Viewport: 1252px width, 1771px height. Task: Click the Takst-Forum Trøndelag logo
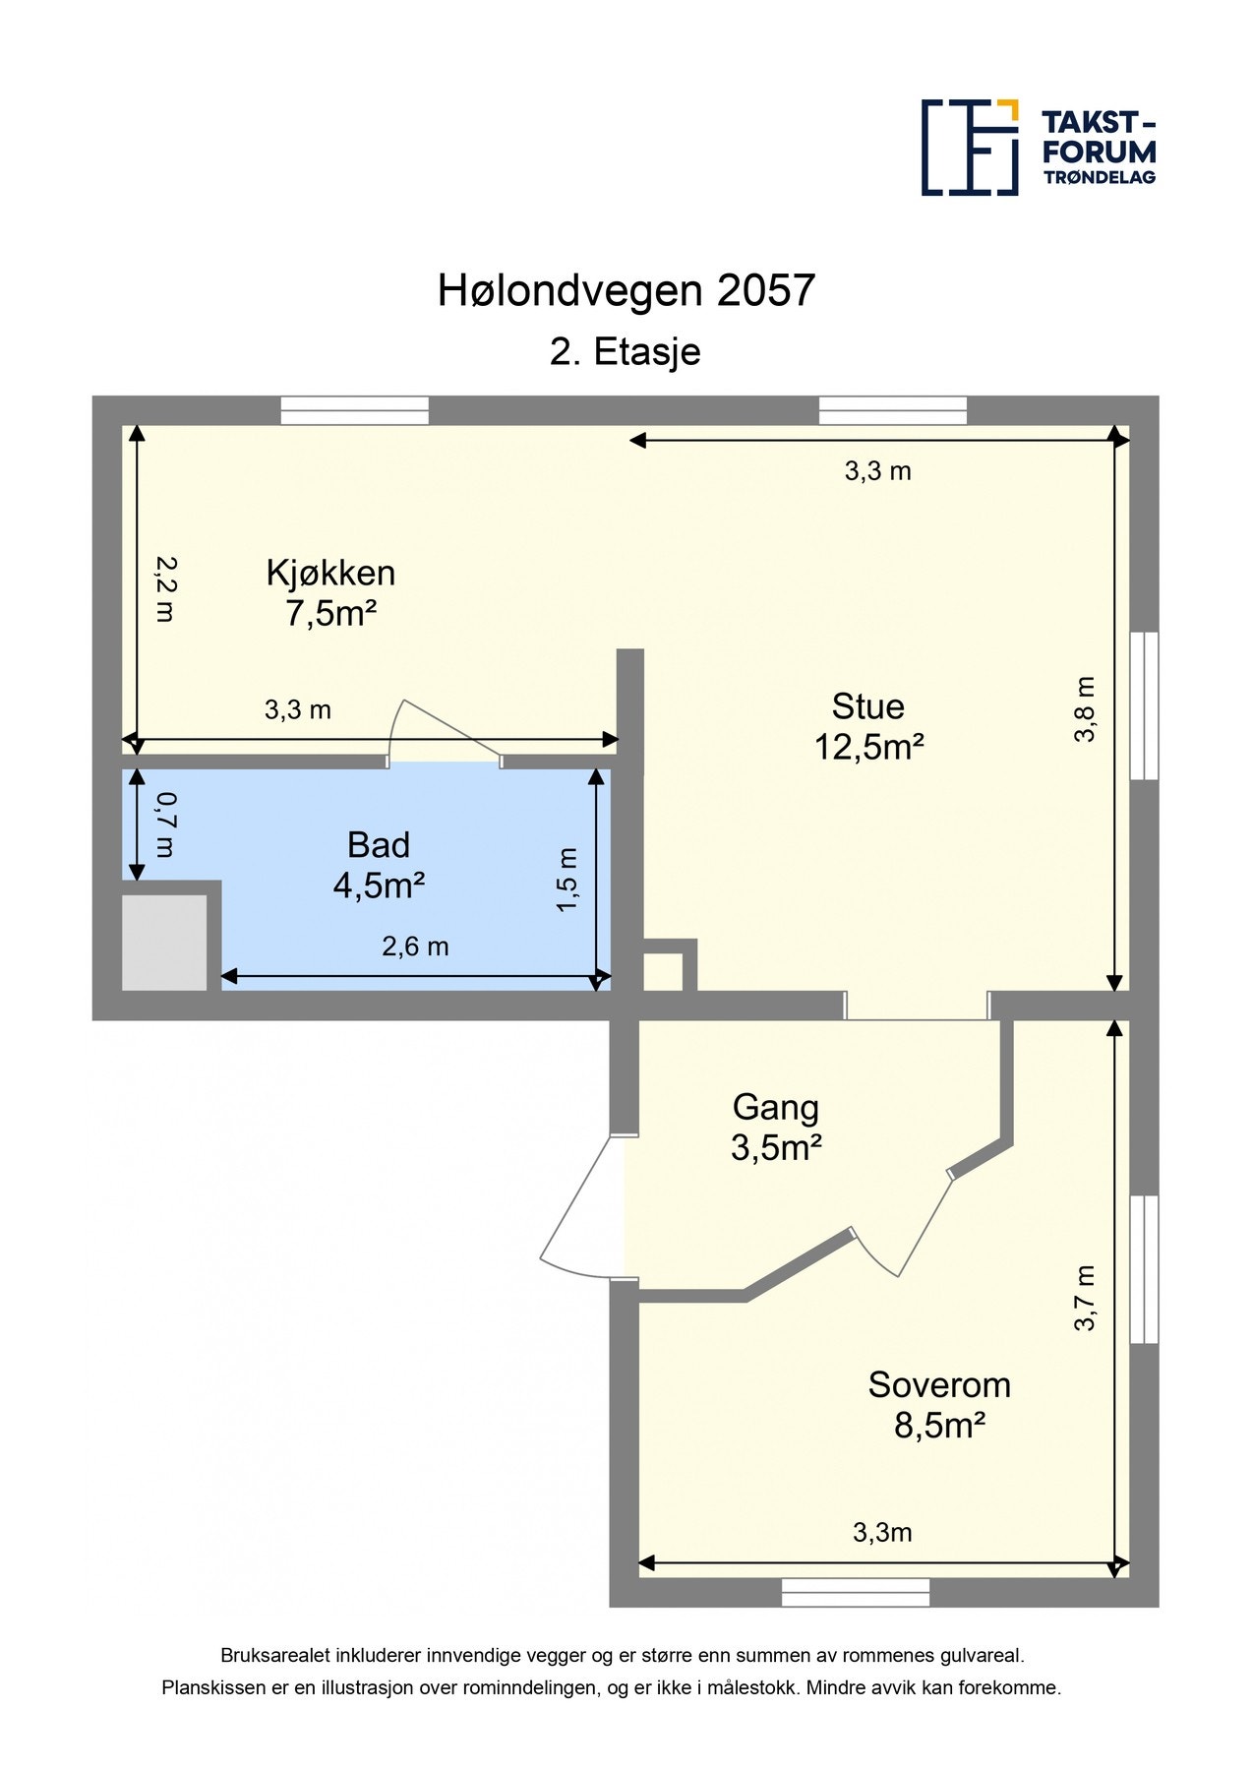coord(1038,148)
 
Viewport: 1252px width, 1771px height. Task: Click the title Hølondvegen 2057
coord(626,291)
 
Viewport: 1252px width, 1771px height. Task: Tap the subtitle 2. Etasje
coord(626,352)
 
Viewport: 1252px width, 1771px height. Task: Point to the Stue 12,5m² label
coord(867,726)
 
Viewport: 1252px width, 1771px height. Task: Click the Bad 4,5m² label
coord(379,865)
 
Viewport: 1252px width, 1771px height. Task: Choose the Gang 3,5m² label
coord(776,1127)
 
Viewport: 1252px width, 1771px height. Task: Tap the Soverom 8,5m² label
coord(939,1404)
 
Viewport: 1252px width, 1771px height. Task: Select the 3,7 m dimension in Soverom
coord(1084,1298)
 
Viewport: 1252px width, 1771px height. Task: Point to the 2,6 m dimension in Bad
coord(415,947)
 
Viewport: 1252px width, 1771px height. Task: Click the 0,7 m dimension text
coord(164,824)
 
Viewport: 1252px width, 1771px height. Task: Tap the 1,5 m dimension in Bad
coord(567,880)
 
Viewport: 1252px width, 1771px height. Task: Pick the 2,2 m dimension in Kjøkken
coord(164,588)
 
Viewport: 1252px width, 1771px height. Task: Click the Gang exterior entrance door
coord(580,1205)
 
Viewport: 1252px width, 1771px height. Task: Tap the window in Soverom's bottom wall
coord(856,1592)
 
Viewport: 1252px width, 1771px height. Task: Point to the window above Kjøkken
coord(354,410)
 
